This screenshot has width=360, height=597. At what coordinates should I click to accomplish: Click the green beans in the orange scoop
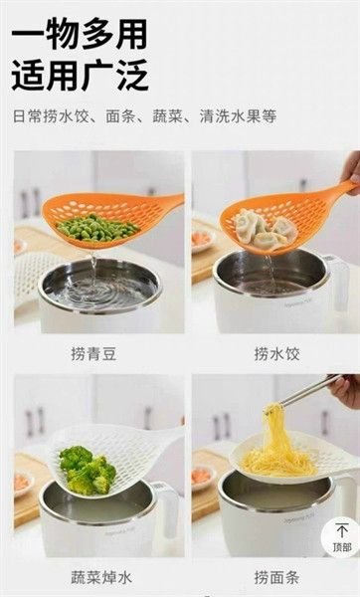[x=96, y=227]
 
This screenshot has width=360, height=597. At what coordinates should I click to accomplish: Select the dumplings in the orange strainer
[x=263, y=230]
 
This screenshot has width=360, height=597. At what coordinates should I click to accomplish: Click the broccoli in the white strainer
[x=89, y=470]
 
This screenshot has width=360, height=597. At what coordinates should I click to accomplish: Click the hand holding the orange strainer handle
[x=350, y=169]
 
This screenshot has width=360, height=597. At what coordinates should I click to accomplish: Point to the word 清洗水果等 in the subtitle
[x=239, y=115]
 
